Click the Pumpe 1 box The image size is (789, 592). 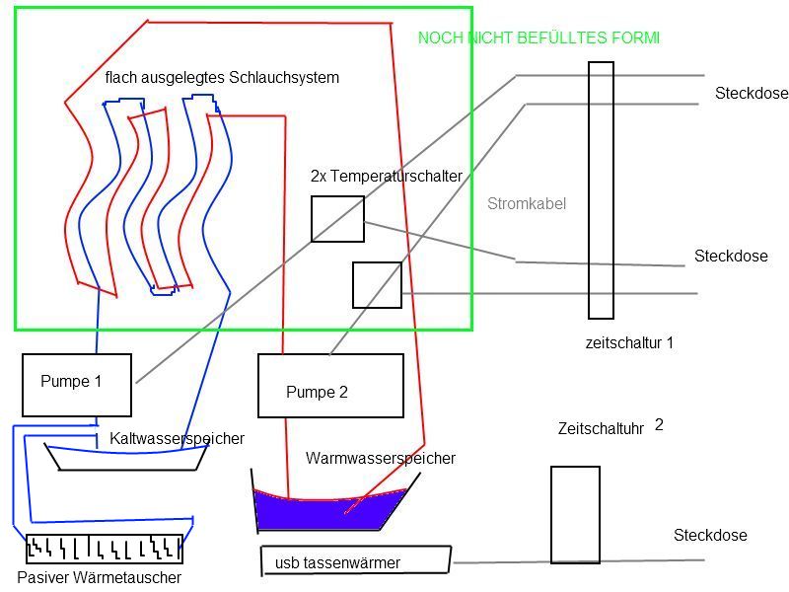tap(77, 385)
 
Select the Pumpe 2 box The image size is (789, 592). tap(330, 385)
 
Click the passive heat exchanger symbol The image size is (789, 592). tap(104, 548)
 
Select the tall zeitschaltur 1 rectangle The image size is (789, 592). tap(601, 189)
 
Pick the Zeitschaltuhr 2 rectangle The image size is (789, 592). tap(575, 514)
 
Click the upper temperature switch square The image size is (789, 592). tap(337, 219)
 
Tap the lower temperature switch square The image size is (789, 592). tap(377, 285)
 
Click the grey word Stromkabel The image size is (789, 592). tap(527, 204)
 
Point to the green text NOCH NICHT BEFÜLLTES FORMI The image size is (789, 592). tap(538, 37)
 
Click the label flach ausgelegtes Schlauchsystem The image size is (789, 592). tap(222, 77)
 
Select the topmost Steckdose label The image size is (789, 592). tap(752, 94)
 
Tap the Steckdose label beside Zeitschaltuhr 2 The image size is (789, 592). tap(710, 536)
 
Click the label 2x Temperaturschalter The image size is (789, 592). tap(386, 177)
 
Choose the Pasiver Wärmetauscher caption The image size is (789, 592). tap(100, 577)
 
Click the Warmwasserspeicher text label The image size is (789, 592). tap(381, 459)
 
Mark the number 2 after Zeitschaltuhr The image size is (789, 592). tap(659, 425)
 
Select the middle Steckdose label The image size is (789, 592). tap(731, 257)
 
